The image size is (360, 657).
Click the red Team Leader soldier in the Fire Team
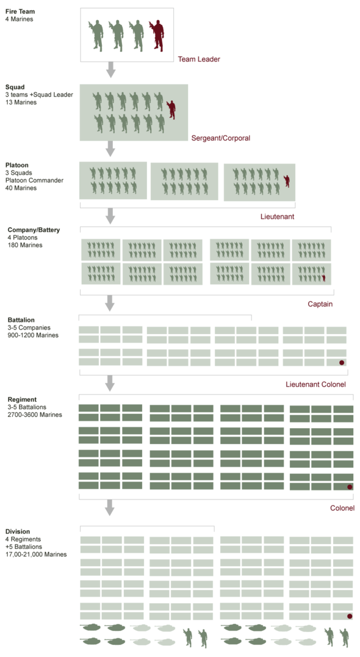click(x=157, y=35)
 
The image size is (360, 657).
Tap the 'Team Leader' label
click(x=199, y=59)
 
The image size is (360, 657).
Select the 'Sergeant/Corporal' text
click(x=221, y=138)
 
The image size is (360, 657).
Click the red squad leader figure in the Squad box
click(x=171, y=110)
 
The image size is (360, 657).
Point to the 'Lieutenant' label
click(x=277, y=217)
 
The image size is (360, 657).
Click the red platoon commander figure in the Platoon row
click(x=287, y=181)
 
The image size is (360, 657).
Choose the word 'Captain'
click(x=320, y=304)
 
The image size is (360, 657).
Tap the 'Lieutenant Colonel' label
click(x=315, y=384)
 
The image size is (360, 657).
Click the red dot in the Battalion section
click(x=342, y=363)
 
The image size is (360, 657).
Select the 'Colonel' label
click(x=342, y=508)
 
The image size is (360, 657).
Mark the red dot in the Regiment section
click(x=350, y=487)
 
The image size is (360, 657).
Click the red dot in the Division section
click(x=350, y=616)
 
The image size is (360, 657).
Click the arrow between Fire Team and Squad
click(x=110, y=70)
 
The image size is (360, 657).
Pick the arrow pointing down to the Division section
click(x=110, y=507)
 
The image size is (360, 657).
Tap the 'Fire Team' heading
click(x=20, y=12)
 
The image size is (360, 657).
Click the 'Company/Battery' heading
click(x=34, y=230)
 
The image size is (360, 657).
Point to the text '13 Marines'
click(x=21, y=102)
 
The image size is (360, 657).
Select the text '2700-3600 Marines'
click(x=35, y=415)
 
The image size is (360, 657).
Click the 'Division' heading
click(x=18, y=532)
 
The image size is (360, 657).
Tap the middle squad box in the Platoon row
click(x=184, y=181)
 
